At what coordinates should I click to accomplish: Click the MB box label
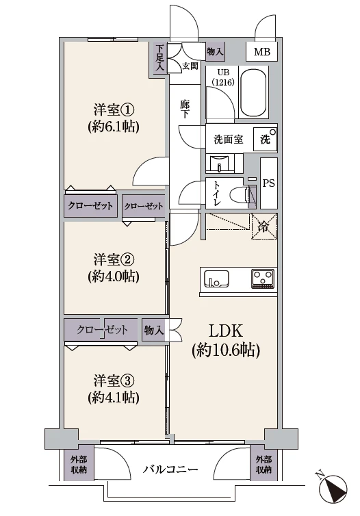coord(262,52)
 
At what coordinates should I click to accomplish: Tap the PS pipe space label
coord(268,183)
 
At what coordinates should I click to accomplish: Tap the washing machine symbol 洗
coord(265,139)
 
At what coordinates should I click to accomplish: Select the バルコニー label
coord(170,470)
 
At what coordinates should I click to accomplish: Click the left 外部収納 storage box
coord(78,465)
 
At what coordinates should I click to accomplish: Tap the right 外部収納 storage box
coord(263,465)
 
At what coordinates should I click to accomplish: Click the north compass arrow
coord(335,489)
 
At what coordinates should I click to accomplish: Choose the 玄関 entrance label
coord(190,66)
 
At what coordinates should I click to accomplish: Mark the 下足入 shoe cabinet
coord(159,58)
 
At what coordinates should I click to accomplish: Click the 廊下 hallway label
coord(185,109)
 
